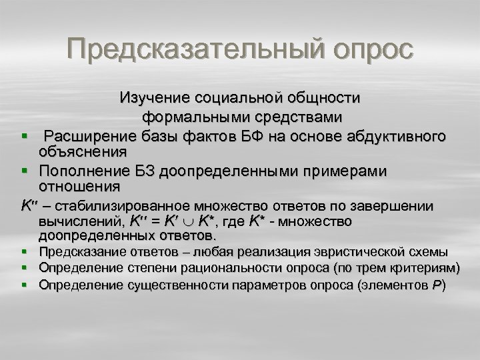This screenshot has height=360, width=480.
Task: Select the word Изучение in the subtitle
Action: pos(154,98)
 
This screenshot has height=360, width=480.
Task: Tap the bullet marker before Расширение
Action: pos(24,137)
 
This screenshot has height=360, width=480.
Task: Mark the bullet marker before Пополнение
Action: pos(24,171)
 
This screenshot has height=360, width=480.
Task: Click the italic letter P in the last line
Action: pos(436,285)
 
